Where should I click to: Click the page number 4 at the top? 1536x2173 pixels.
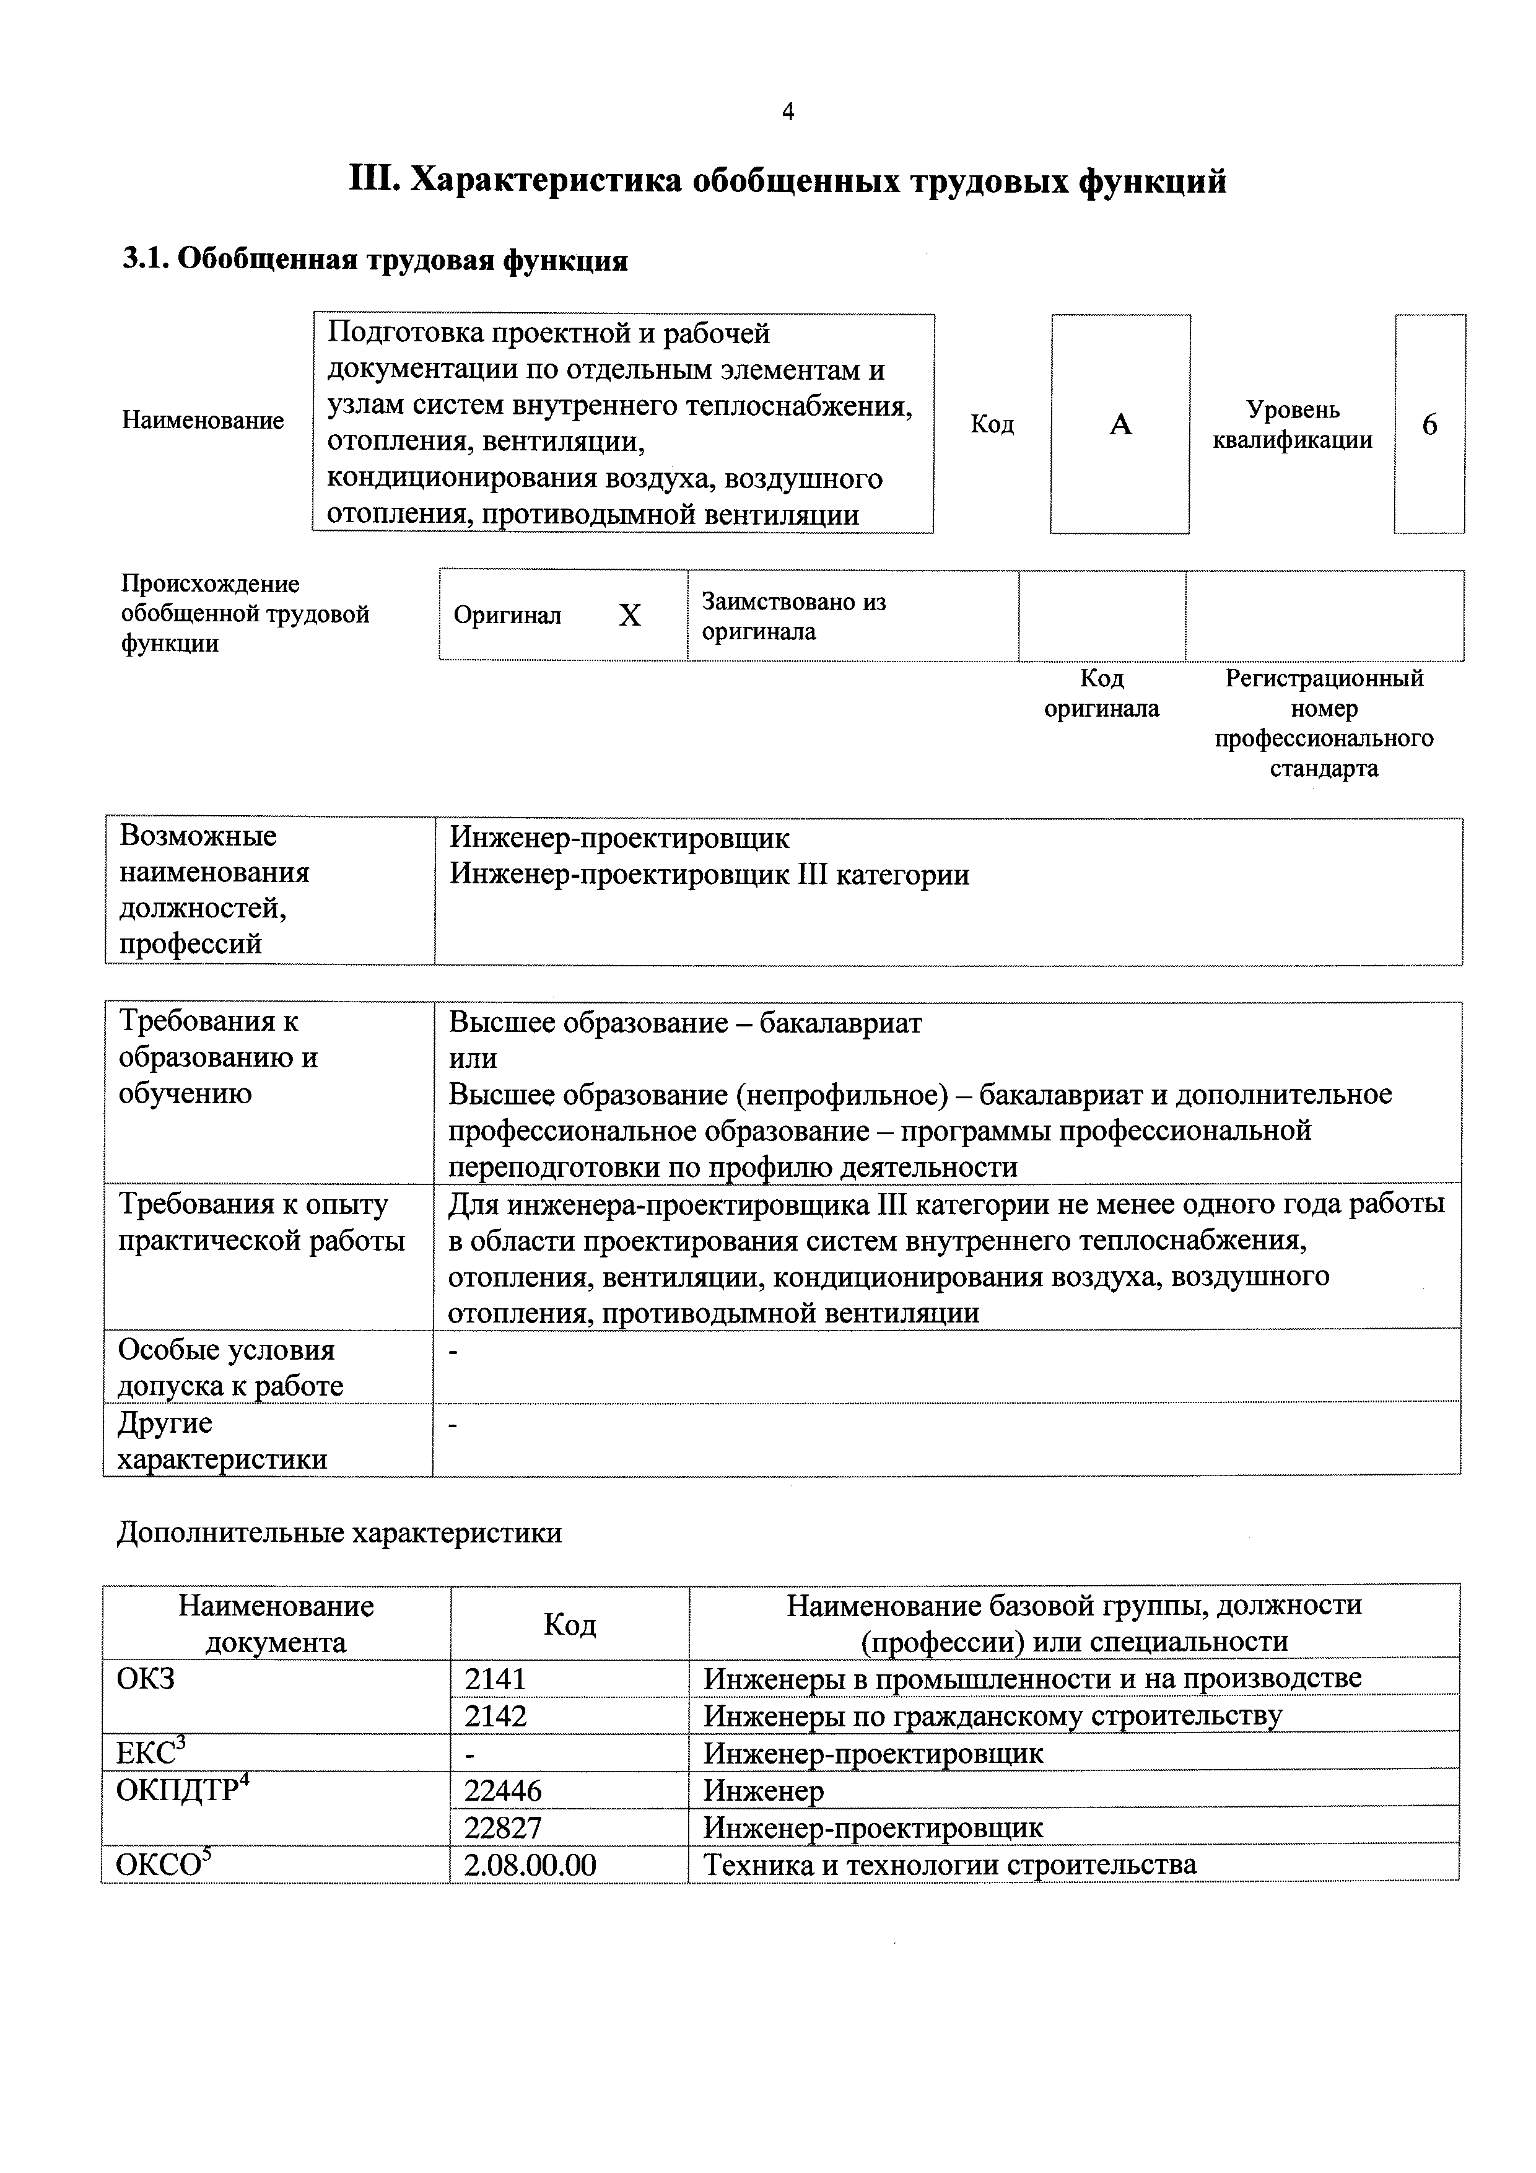[x=787, y=113]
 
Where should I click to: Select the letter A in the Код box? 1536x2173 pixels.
[x=1120, y=425]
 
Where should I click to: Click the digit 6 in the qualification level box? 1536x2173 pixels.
[x=1429, y=425]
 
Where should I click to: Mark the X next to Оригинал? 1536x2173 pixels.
[x=629, y=616]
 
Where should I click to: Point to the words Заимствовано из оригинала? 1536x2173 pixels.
[x=793, y=616]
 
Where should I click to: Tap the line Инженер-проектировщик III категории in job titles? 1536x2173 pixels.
[x=709, y=875]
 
